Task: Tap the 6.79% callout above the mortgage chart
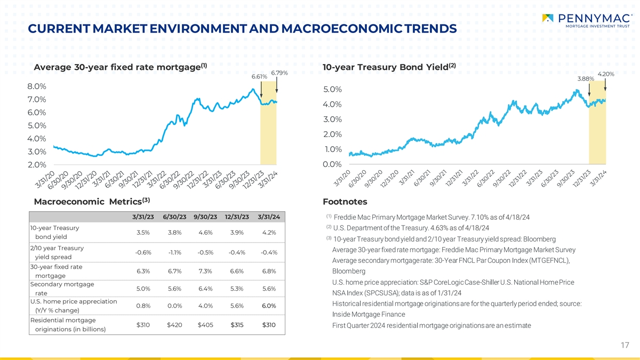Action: click(x=280, y=73)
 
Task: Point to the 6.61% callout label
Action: click(x=259, y=77)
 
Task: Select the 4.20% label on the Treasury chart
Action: click(x=606, y=74)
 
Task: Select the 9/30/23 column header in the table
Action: click(x=206, y=217)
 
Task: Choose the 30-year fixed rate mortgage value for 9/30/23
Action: click(x=205, y=271)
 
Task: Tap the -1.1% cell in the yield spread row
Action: click(x=174, y=252)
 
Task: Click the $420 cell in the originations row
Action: click(x=174, y=325)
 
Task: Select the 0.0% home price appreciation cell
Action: click(x=174, y=306)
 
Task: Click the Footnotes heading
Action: click(x=345, y=202)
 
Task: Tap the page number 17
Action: click(x=625, y=346)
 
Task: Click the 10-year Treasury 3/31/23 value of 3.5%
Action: click(x=143, y=233)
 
